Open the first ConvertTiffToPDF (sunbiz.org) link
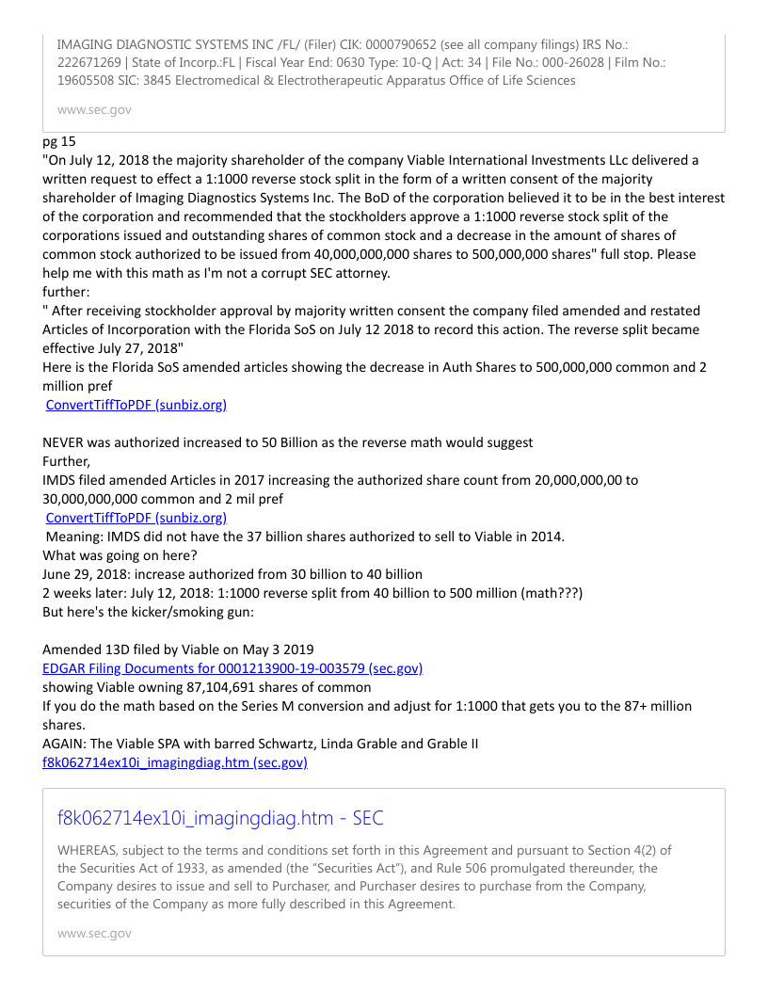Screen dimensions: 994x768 click(x=136, y=405)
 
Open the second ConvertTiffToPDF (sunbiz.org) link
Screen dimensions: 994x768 click(x=136, y=518)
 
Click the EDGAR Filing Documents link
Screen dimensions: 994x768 click(x=232, y=668)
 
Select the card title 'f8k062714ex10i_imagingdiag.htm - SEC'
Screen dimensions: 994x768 click(x=220, y=818)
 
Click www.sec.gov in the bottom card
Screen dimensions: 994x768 click(x=94, y=934)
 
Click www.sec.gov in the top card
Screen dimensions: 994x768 click(x=94, y=110)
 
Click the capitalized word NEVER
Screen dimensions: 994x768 click(x=65, y=442)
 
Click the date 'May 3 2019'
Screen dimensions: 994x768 click(x=280, y=649)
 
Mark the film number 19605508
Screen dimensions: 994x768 click(x=91, y=80)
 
